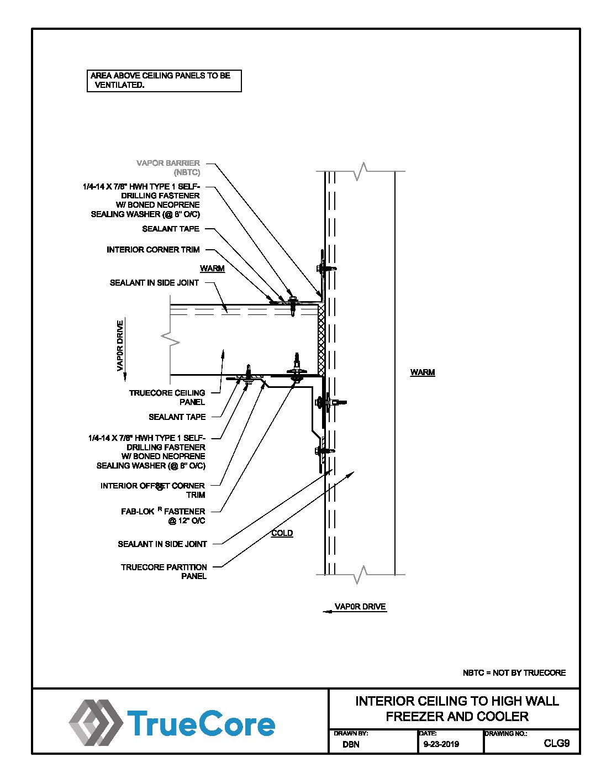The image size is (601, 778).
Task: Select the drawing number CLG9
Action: click(556, 743)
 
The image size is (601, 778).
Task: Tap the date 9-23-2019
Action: click(441, 744)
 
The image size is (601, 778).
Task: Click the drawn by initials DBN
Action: click(351, 744)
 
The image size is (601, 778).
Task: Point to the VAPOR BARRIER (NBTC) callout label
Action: click(168, 167)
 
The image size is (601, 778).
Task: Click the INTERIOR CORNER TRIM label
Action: click(153, 250)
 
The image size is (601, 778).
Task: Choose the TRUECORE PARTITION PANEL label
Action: click(164, 571)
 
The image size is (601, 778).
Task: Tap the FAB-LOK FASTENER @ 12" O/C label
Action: click(163, 516)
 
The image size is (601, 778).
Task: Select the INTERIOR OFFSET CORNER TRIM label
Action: click(152, 490)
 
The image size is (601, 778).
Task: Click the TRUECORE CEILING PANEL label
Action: click(167, 397)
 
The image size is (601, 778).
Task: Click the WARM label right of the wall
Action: click(423, 372)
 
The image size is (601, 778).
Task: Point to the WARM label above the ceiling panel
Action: click(212, 269)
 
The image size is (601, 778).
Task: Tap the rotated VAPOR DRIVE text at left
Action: click(120, 345)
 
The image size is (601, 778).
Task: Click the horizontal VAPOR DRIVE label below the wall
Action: click(360, 607)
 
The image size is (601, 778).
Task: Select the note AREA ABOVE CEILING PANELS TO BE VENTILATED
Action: click(164, 81)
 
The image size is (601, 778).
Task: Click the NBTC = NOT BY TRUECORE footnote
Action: click(514, 673)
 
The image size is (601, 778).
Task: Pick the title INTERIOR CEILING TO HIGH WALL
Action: click(457, 701)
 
